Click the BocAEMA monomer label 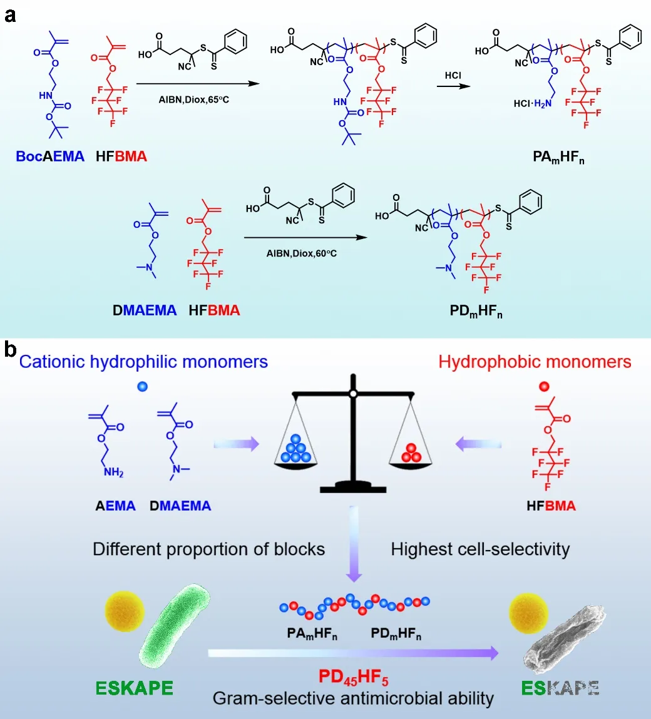pos(50,156)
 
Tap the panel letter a pos(10,14)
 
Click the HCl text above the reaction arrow pos(453,75)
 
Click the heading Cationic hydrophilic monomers pos(143,361)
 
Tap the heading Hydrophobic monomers pos(535,362)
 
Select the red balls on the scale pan pos(410,454)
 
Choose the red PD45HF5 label pos(354,677)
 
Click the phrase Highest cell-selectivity pos(480,549)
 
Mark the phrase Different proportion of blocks pos(208,549)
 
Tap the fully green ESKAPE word pos(135,688)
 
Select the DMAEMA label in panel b pos(180,506)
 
